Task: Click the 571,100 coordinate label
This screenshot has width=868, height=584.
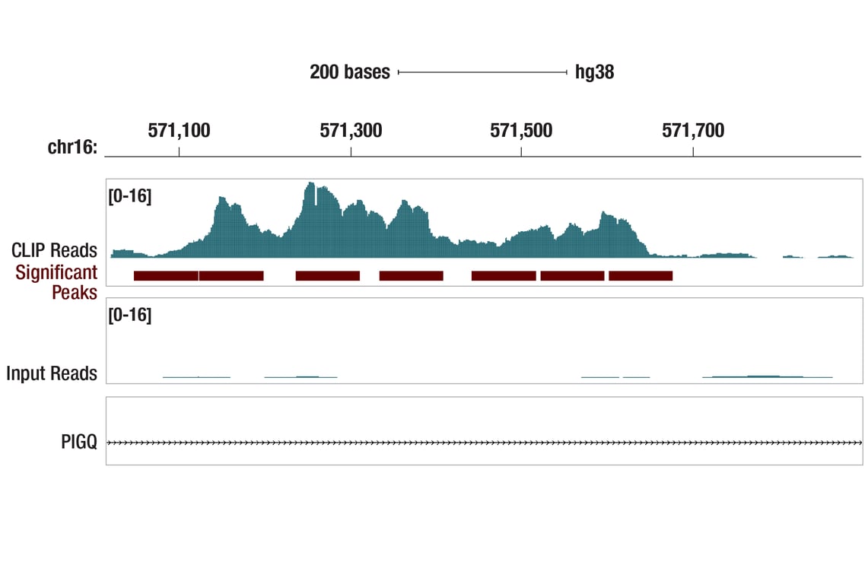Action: (x=179, y=131)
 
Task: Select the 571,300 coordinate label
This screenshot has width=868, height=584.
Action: (x=351, y=131)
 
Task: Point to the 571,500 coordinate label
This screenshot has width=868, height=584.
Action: (x=521, y=131)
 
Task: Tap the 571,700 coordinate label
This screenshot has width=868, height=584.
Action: (x=693, y=131)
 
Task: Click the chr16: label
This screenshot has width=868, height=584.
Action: (x=72, y=148)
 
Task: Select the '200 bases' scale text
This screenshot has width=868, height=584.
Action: (x=349, y=72)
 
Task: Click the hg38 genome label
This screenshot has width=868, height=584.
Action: (x=594, y=72)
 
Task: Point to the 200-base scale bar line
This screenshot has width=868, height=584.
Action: (x=482, y=72)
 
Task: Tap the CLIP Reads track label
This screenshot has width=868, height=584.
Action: (x=54, y=250)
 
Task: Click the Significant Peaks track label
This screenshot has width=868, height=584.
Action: (x=56, y=282)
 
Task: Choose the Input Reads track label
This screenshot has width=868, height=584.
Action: (x=52, y=373)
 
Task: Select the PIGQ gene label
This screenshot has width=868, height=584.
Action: (x=79, y=442)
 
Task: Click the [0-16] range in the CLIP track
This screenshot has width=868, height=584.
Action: (x=130, y=196)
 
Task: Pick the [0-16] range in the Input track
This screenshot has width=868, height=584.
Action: (x=130, y=315)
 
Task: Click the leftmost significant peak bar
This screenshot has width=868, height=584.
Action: (x=166, y=275)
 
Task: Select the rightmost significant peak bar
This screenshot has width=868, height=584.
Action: (x=641, y=275)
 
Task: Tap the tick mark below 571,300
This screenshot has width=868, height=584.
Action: (x=351, y=151)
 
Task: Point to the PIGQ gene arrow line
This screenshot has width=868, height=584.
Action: (x=484, y=442)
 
